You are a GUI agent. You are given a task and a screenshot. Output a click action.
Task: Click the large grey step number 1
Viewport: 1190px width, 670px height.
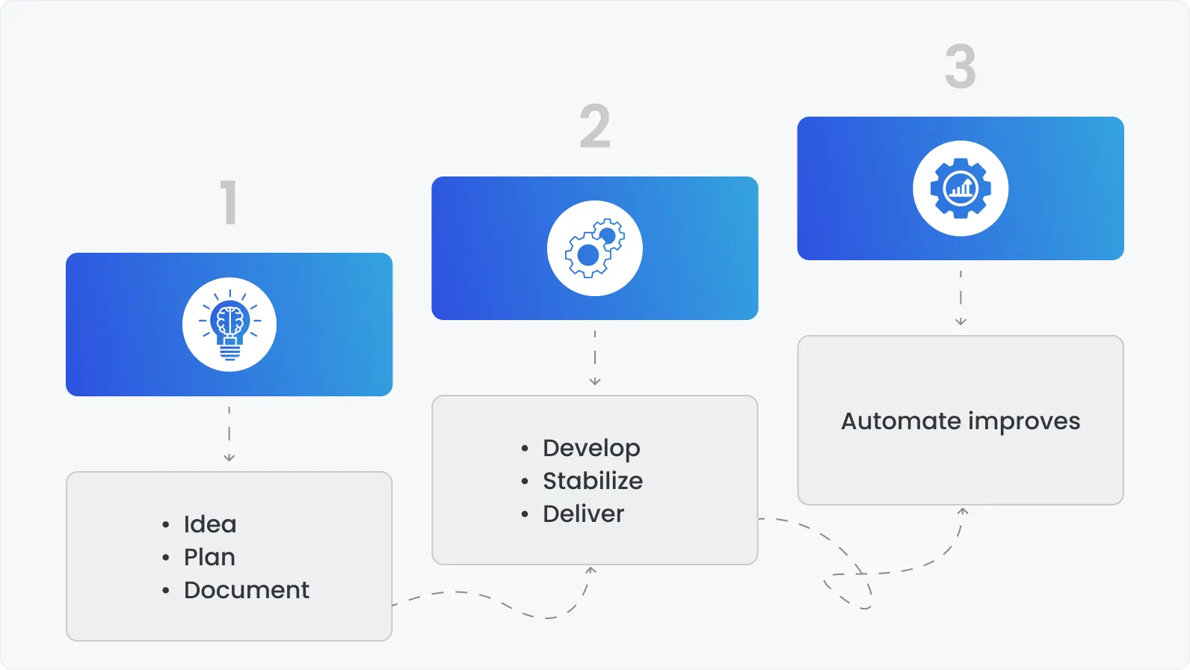(x=229, y=202)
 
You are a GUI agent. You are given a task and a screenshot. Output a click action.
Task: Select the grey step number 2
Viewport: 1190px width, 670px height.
(x=595, y=126)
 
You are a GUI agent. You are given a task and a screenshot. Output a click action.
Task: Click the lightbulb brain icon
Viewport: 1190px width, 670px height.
(x=229, y=325)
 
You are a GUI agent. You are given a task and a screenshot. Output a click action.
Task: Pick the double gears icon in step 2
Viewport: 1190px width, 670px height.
(x=595, y=248)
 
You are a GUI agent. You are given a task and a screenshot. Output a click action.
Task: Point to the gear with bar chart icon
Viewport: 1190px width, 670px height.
(x=961, y=188)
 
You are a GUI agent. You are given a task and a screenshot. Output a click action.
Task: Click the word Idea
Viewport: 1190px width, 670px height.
(x=210, y=524)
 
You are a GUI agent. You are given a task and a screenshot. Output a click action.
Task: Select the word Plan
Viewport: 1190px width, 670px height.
(x=209, y=557)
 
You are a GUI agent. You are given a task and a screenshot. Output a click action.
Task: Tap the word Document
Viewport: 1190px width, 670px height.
(x=247, y=590)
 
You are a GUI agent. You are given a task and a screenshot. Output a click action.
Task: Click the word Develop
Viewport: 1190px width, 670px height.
(x=591, y=448)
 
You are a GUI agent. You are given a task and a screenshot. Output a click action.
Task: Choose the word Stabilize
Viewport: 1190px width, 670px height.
(x=593, y=481)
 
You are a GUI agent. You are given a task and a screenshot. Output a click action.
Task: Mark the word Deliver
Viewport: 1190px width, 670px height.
(x=583, y=514)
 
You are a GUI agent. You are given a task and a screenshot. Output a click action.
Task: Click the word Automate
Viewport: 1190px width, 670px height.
(x=901, y=421)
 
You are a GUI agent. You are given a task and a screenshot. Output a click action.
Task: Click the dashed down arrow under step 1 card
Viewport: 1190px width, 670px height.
(x=229, y=434)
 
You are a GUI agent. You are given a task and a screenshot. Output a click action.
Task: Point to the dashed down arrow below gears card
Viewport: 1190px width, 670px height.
(x=595, y=358)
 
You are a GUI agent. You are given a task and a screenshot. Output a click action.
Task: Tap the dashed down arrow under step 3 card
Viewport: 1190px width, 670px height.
(x=961, y=298)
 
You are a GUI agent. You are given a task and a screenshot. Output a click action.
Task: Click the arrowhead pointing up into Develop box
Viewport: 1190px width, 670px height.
(x=591, y=571)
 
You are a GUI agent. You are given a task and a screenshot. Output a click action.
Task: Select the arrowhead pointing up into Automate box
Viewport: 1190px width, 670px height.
(x=963, y=511)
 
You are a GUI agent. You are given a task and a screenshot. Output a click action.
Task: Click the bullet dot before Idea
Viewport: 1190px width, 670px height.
(x=166, y=525)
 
